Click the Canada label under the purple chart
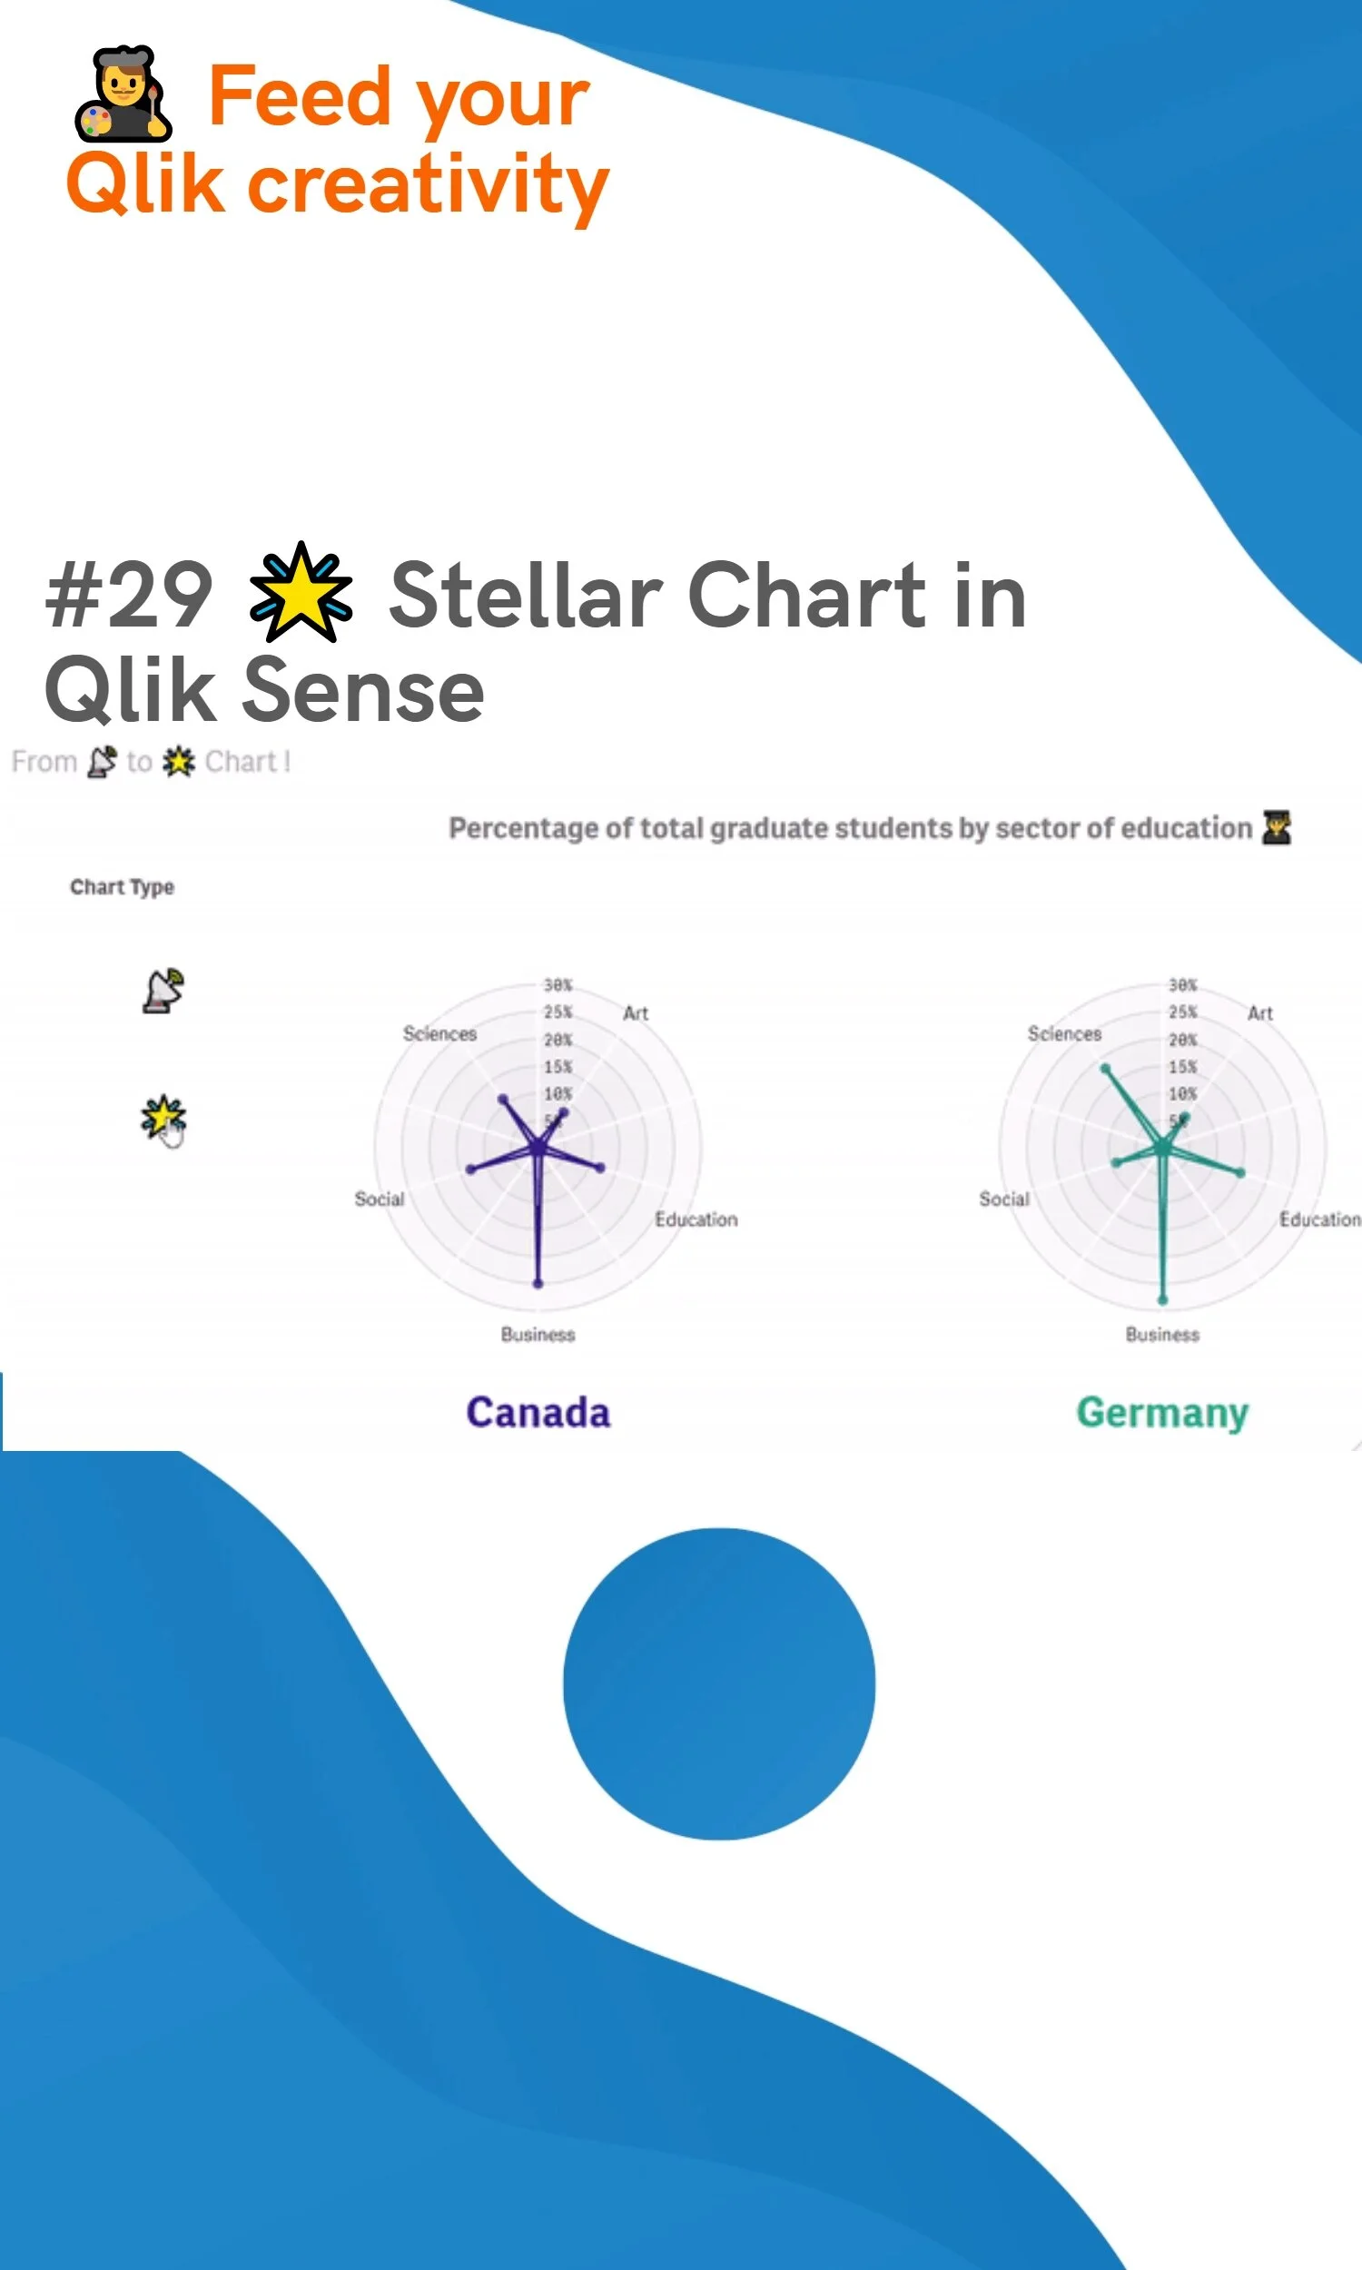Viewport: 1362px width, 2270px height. (538, 1412)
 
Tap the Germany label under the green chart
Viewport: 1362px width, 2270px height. (1162, 1412)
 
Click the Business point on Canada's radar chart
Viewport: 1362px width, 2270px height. (538, 1283)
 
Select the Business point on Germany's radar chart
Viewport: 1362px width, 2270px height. (1162, 1299)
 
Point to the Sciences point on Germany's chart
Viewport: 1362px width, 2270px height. (1105, 1068)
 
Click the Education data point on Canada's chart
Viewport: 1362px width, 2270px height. (600, 1168)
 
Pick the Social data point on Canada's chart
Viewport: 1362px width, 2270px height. (471, 1169)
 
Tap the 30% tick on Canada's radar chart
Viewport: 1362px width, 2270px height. (558, 984)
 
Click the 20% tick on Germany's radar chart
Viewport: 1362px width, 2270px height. (1182, 1040)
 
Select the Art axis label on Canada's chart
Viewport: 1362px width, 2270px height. (635, 1013)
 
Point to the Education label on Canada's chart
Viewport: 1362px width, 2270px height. (696, 1219)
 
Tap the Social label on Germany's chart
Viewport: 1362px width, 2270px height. (1003, 1199)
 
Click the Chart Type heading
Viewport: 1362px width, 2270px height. (122, 886)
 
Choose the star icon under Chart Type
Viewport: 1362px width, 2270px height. (163, 1116)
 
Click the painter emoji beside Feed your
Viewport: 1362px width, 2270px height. (123, 94)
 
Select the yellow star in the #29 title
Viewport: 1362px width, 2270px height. (301, 593)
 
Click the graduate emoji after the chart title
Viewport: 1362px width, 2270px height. (1276, 826)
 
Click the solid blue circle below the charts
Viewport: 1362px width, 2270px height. (718, 1683)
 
